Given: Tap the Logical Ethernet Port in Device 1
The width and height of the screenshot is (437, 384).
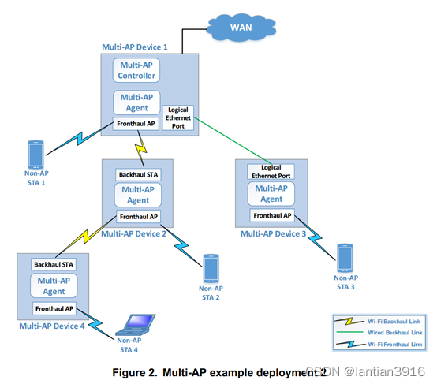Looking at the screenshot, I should click(x=177, y=117).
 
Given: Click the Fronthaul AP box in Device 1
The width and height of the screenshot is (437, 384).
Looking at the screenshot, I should click(x=136, y=124).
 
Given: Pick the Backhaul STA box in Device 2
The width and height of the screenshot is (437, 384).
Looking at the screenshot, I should click(x=137, y=173).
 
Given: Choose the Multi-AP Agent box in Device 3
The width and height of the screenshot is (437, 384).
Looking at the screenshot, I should click(x=271, y=193).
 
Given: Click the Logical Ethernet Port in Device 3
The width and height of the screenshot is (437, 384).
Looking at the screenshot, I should click(x=271, y=171).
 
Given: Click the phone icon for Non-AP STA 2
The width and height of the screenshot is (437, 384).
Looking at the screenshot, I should click(x=210, y=268).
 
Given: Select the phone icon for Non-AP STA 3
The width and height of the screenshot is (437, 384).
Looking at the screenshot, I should click(x=344, y=257).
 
